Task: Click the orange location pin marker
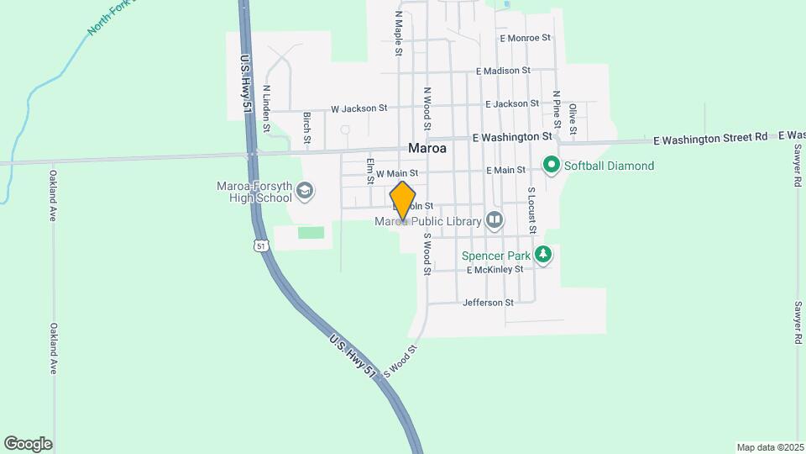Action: coord(403,200)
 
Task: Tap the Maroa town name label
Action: coord(427,147)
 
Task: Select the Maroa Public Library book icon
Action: coord(495,221)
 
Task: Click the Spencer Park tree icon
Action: coord(543,254)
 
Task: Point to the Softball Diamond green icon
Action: coord(552,165)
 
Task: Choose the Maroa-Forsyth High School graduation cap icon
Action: coord(304,192)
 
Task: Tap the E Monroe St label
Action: coord(524,38)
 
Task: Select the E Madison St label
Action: coord(502,71)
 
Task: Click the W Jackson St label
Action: coord(359,108)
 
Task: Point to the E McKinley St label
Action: coord(495,270)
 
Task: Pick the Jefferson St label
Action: coord(487,303)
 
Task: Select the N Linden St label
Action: coord(266,108)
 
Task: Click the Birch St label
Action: coord(307,125)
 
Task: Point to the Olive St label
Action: coord(573,119)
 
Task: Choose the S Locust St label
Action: coord(531,210)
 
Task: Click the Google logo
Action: coord(28,444)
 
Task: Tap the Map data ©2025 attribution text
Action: coord(768,447)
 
